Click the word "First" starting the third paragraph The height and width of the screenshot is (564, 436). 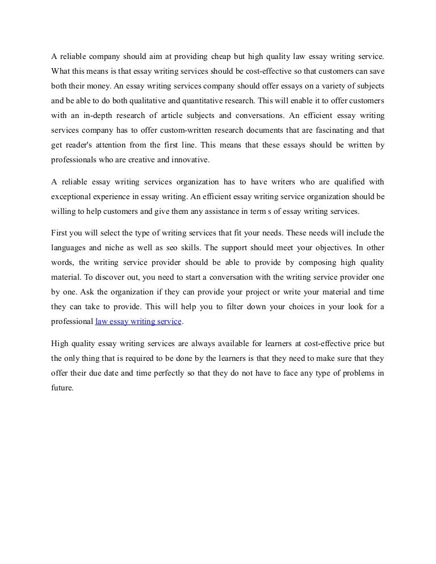pyautogui.click(x=59, y=233)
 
